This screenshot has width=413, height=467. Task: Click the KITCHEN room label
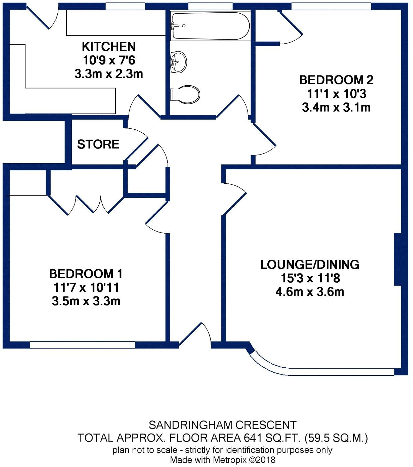coord(109,47)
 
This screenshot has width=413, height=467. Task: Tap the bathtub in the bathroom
coord(210,26)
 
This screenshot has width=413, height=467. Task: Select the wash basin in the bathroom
coord(179,61)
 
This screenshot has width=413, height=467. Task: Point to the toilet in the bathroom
coord(185,94)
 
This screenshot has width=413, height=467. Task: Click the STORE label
coord(98,145)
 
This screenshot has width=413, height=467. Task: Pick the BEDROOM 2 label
coord(336,80)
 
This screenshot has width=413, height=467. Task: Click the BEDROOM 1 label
coord(86,274)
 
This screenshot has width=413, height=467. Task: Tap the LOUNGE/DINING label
coord(310,265)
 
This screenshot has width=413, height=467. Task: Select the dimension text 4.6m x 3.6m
coord(310,292)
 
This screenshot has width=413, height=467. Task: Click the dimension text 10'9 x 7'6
coord(109,60)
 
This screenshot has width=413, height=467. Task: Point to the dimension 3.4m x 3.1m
coord(336,108)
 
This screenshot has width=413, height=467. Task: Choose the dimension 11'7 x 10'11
coord(86,288)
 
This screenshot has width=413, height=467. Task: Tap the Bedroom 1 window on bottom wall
coord(83,345)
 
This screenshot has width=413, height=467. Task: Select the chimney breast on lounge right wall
coord(398,259)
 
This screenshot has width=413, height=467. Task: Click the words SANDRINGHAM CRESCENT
coord(222,425)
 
